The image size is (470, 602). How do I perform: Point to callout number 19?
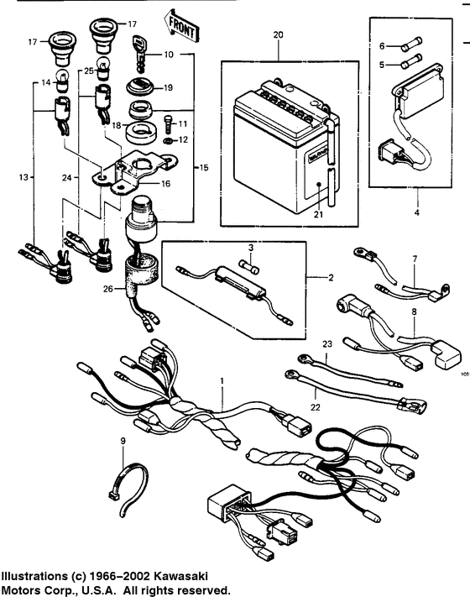coord(167,86)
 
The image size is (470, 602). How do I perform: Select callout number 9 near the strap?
coord(123,440)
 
